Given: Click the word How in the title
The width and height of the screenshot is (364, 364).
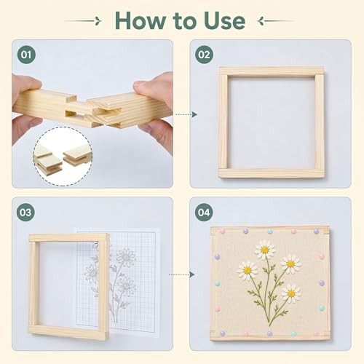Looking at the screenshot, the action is (x=141, y=21).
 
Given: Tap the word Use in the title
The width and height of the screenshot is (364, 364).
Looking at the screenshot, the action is (x=225, y=21).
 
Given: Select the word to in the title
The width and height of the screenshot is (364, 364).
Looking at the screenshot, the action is (x=184, y=21).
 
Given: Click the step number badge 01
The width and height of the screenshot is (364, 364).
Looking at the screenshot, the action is (x=26, y=55).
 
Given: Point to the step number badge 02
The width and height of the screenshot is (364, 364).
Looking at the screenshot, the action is (x=204, y=55).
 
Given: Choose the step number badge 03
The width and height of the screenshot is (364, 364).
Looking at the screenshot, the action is (x=25, y=213).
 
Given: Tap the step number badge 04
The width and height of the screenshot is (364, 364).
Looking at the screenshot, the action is (x=204, y=213).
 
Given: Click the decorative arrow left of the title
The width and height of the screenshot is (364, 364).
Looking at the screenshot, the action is (x=83, y=21).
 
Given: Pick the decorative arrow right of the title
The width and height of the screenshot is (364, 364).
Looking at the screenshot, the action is (x=276, y=21).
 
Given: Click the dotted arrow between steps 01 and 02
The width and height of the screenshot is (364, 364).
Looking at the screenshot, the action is (x=186, y=114).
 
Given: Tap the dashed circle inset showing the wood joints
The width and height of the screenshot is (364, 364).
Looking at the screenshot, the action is (x=63, y=157).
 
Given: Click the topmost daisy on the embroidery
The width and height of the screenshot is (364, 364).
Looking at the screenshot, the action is (x=265, y=249).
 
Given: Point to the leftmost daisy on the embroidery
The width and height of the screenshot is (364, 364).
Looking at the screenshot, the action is (x=248, y=270).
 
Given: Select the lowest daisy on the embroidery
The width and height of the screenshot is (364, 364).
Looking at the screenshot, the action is (x=291, y=293).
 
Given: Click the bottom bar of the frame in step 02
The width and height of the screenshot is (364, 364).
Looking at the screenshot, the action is (x=272, y=173).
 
